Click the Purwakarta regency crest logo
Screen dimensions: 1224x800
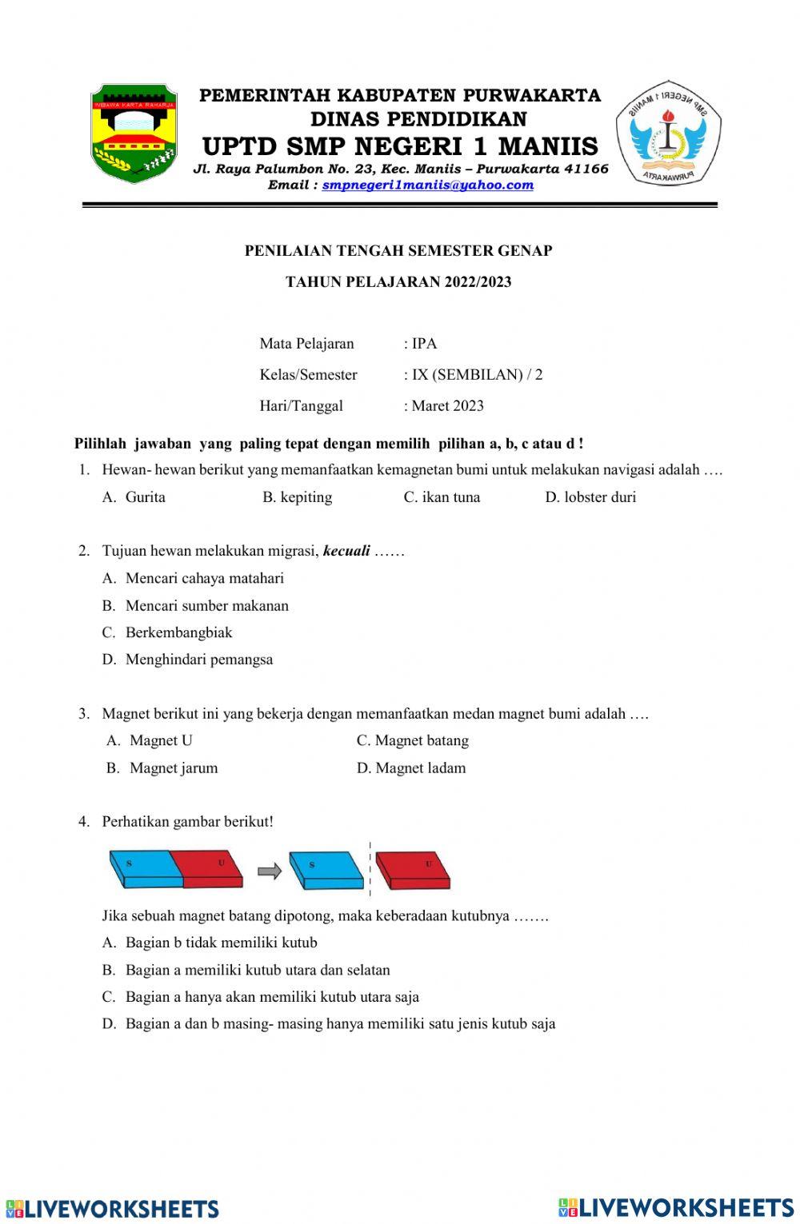coord(133,133)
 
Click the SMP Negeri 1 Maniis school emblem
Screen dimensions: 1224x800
coord(668,133)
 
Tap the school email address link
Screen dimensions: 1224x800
coord(427,185)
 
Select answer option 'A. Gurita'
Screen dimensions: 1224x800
coord(134,497)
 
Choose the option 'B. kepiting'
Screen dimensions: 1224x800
coord(297,497)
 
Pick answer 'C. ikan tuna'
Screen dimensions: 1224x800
coord(442,497)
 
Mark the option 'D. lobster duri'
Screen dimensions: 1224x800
coord(590,497)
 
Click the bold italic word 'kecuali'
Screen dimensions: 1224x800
coord(346,551)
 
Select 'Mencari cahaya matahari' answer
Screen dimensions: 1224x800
coord(204,578)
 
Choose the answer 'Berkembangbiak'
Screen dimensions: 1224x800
coord(178,632)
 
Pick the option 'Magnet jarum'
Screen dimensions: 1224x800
coord(173,768)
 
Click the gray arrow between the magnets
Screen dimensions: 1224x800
coord(270,871)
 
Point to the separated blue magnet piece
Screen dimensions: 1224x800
coord(326,870)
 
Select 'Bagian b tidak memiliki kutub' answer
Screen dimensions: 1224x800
coord(221,943)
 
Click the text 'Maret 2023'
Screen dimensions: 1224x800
coord(447,406)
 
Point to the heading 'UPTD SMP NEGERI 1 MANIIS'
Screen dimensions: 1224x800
coord(400,146)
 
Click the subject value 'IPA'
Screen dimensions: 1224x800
coord(424,344)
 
